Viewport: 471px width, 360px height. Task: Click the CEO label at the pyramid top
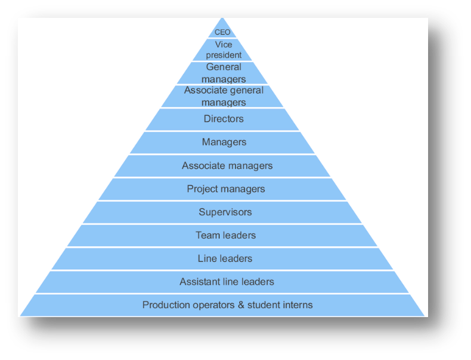point(222,32)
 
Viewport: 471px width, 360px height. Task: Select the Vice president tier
point(224,50)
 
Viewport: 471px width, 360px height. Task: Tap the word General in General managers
point(224,67)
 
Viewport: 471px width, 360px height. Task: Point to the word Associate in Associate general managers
point(204,91)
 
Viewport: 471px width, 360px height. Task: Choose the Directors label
point(224,119)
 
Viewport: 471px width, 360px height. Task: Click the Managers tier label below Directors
point(224,142)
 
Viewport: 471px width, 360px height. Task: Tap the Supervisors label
point(225,212)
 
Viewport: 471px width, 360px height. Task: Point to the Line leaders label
point(225,259)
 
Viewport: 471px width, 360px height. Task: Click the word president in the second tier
point(224,55)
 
